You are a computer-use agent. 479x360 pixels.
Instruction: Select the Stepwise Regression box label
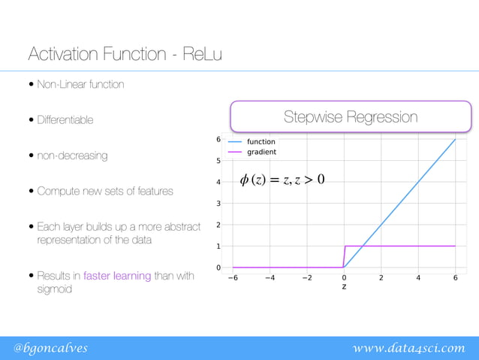[350, 117]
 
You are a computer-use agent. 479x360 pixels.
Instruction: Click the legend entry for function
[261, 141]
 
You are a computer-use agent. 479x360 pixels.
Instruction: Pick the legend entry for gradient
[261, 152]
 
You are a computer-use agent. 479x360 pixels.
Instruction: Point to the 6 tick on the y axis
[218, 140]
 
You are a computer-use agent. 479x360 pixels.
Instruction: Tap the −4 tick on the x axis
[269, 277]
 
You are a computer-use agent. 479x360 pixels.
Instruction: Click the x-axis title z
[344, 286]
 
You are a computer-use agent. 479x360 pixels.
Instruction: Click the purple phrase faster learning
[117, 276]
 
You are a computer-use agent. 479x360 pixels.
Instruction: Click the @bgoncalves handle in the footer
[50, 347]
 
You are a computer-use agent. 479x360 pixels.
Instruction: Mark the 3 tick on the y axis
[218, 204]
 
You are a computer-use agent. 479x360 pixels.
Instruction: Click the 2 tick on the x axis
[381, 277]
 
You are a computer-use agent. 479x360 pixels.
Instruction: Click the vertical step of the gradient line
[344, 256]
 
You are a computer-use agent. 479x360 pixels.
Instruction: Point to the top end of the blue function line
[455, 140]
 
